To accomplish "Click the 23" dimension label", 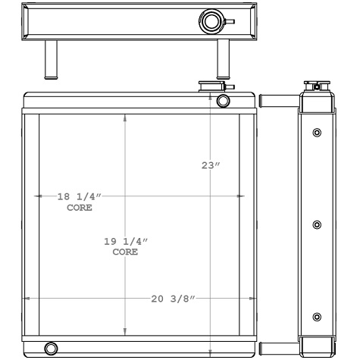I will tap(211, 165).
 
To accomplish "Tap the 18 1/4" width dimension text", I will tap(80, 196).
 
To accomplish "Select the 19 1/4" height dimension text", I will tap(126, 241).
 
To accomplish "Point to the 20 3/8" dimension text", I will tap(173, 299).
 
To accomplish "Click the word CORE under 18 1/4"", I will tap(80, 207).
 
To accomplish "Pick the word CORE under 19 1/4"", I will tap(126, 252).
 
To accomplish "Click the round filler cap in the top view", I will tap(209, 20).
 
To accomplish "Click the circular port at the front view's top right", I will tap(223, 102).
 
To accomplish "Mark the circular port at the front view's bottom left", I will tap(51, 349).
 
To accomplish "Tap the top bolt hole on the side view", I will tap(317, 133).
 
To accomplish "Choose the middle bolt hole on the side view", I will tap(317, 225).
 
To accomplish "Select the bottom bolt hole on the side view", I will tap(317, 317).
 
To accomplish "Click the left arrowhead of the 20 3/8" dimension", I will tap(28, 299).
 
